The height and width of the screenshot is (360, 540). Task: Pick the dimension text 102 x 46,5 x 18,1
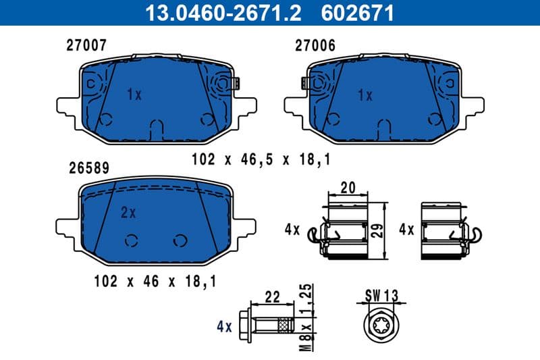[x=261, y=159]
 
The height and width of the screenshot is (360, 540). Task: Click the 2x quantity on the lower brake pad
[x=128, y=213]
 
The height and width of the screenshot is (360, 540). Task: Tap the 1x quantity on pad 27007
[x=134, y=95]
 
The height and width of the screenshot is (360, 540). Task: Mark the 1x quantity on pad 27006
[x=364, y=95]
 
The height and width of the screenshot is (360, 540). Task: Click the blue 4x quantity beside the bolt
[x=224, y=328]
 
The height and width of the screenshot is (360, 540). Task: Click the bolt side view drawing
[x=270, y=328]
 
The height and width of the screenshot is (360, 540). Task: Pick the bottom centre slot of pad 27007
[x=156, y=128]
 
